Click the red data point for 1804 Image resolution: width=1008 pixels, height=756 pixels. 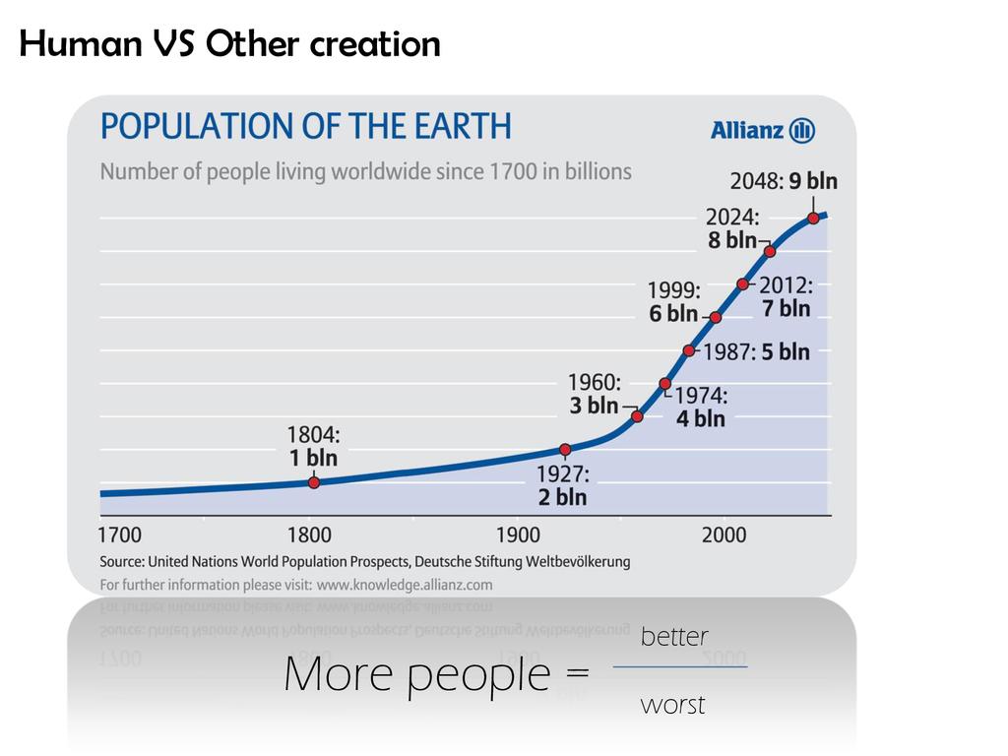click(314, 482)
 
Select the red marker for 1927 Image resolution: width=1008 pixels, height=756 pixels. click(565, 450)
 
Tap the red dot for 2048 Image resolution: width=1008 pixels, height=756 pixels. click(814, 219)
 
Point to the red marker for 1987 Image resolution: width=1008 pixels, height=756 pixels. click(689, 350)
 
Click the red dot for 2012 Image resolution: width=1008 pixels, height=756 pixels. click(743, 284)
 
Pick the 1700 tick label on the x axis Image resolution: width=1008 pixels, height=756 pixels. click(119, 535)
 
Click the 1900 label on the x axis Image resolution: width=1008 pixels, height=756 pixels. click(518, 535)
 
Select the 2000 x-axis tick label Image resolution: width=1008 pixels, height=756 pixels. click(724, 535)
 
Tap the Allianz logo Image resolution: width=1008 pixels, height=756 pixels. click(763, 130)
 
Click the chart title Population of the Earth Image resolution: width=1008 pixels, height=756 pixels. click(306, 126)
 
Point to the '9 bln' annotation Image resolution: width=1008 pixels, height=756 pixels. click(813, 181)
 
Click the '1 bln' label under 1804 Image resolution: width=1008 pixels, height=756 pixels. click(313, 458)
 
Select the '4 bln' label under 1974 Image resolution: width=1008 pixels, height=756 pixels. click(701, 418)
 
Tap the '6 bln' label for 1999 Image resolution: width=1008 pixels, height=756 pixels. click(673, 314)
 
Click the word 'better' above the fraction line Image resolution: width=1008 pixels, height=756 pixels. click(674, 637)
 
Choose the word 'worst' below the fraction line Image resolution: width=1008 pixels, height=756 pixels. click(672, 705)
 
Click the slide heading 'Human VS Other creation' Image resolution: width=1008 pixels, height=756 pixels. click(229, 43)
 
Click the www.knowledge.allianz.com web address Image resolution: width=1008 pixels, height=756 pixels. click(405, 584)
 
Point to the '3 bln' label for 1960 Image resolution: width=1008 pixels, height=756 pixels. click(594, 406)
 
